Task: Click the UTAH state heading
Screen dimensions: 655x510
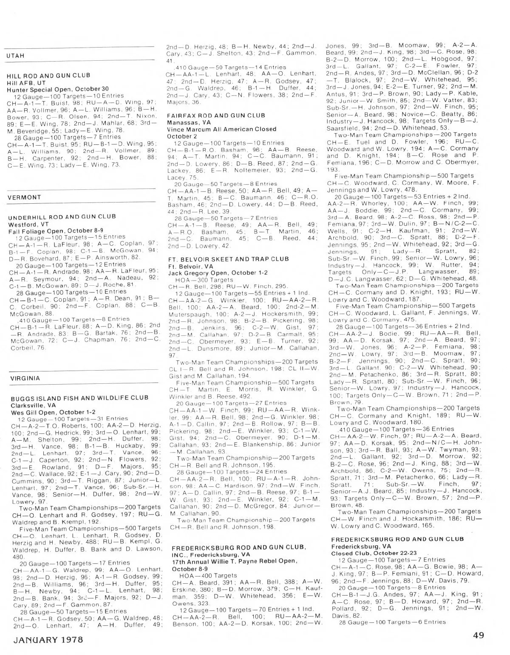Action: [x=16, y=56]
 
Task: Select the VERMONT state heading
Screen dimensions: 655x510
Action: [x=24, y=197]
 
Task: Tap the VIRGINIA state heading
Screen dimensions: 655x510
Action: [x=24, y=378]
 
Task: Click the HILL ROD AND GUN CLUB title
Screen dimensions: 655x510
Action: [x=48, y=76]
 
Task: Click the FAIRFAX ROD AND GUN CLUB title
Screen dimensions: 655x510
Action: [x=216, y=115]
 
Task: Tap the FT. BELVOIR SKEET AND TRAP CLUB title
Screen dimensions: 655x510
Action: [x=228, y=259]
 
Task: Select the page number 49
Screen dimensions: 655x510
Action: [x=478, y=635]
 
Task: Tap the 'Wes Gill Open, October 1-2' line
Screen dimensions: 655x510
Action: [x=53, y=412]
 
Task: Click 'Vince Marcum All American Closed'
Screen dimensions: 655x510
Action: [x=221, y=129]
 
